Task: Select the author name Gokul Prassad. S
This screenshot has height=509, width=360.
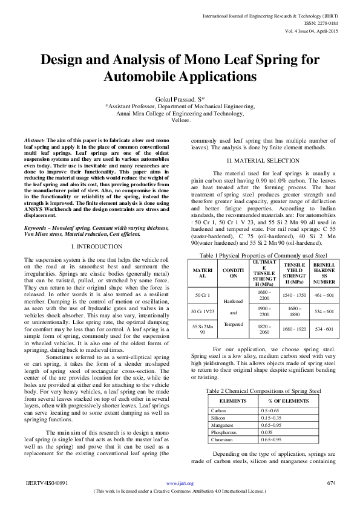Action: point(179,98)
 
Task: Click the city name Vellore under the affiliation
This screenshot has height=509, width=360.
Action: point(180,120)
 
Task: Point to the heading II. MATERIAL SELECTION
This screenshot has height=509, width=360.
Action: point(262,160)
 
